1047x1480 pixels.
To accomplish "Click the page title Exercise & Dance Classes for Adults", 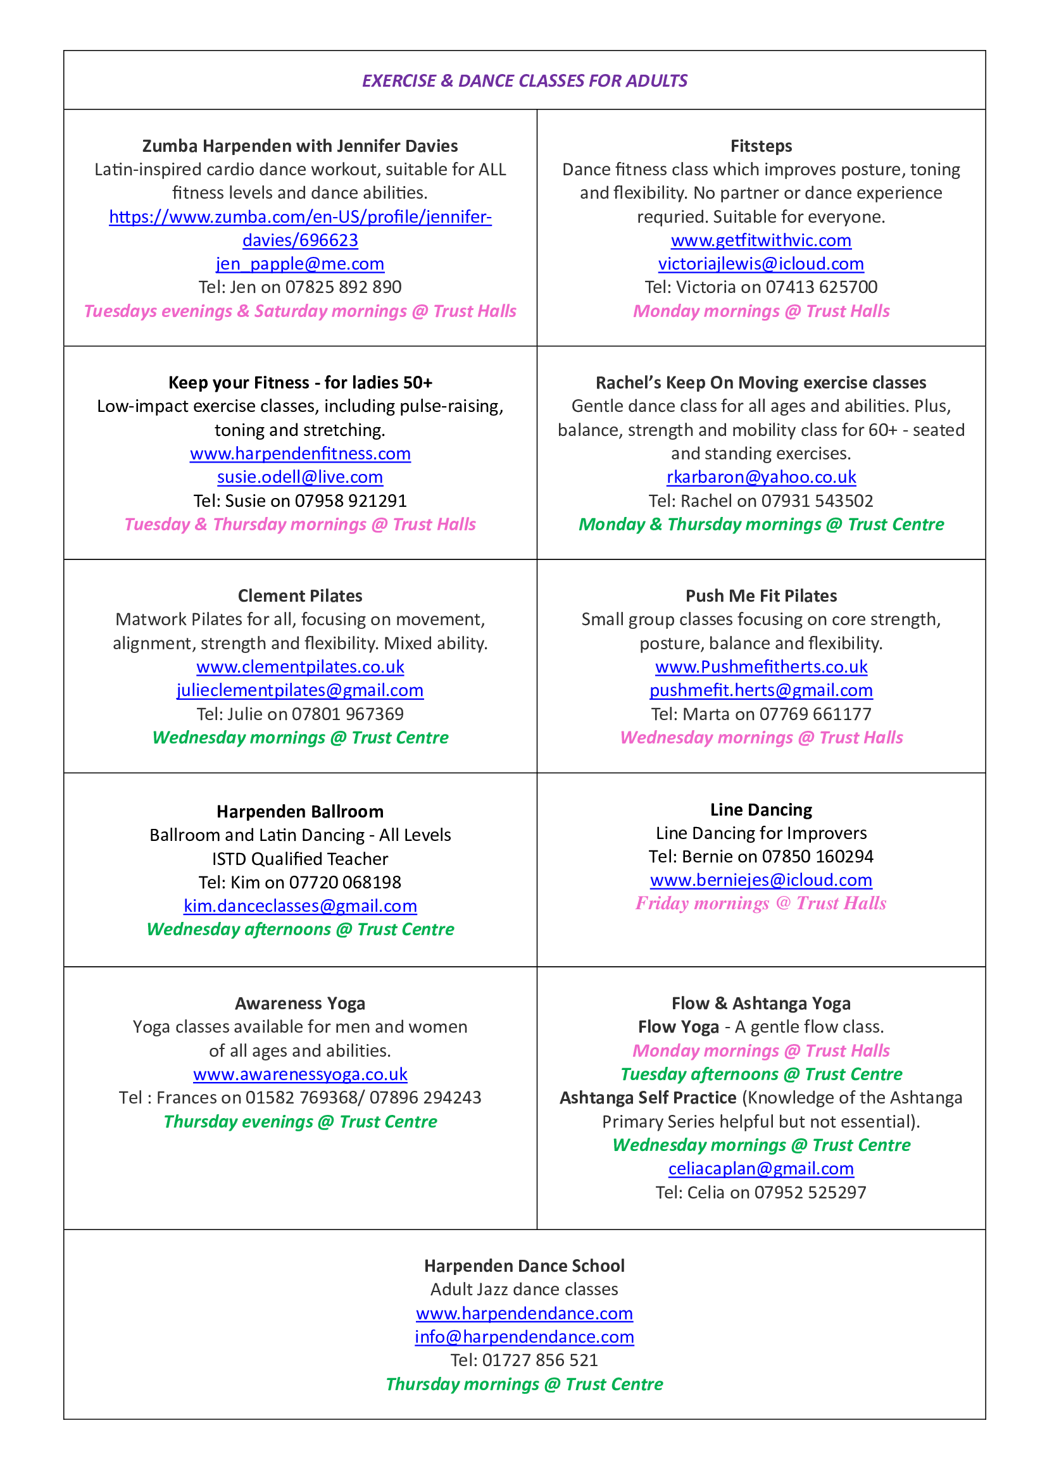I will pos(524,80).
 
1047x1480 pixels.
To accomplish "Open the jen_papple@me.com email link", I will pos(300,264).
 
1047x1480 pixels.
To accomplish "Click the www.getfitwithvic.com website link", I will pos(761,240).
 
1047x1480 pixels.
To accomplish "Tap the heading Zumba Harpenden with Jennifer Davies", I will pos(300,146).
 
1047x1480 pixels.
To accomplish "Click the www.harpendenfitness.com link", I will pos(300,454).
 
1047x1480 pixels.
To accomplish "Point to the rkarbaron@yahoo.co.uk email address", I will pos(761,477).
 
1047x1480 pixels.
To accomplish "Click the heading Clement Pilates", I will pos(300,595).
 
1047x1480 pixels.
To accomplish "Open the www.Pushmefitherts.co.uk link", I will pos(761,666).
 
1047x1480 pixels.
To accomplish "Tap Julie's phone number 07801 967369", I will pos(348,714).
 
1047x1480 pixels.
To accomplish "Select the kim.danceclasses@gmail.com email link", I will pos(300,905).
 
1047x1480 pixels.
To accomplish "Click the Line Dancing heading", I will pos(761,810).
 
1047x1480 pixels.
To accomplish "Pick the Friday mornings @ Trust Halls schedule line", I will pos(761,904).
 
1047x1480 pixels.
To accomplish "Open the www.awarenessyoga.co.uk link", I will pos(300,1074).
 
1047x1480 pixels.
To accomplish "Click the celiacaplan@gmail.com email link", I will pos(761,1169).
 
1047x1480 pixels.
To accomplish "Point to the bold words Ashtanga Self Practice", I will pos(648,1098).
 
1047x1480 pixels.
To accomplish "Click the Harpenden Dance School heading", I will pos(524,1266).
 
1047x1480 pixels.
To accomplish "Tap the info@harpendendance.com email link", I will pos(524,1337).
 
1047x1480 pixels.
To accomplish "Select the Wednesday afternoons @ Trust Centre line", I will pos(300,930).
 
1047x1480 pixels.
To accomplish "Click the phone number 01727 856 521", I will pos(539,1360).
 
